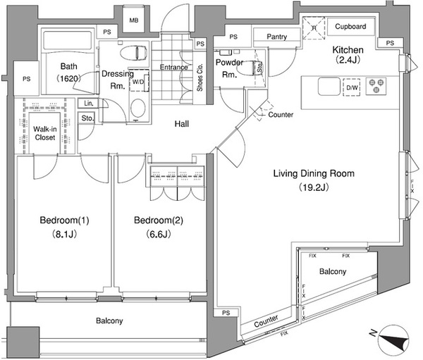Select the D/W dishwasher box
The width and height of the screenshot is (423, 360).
pyautogui.click(x=352, y=87)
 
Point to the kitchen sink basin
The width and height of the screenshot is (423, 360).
pyautogui.click(x=327, y=87)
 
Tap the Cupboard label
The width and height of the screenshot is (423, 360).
pyautogui.click(x=350, y=27)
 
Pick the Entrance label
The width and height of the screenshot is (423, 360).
pyautogui.click(x=173, y=68)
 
